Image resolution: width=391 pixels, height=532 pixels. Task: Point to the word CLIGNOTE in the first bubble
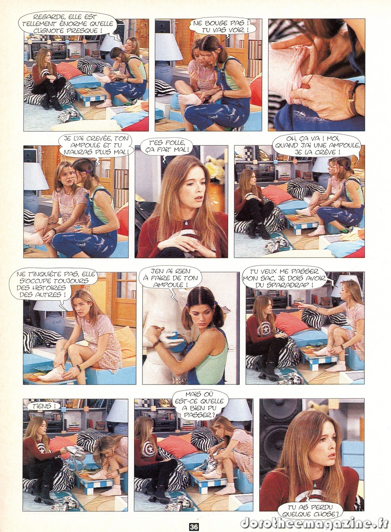[x=48, y=31]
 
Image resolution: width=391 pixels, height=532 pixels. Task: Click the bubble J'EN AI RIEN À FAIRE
[x=170, y=278]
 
